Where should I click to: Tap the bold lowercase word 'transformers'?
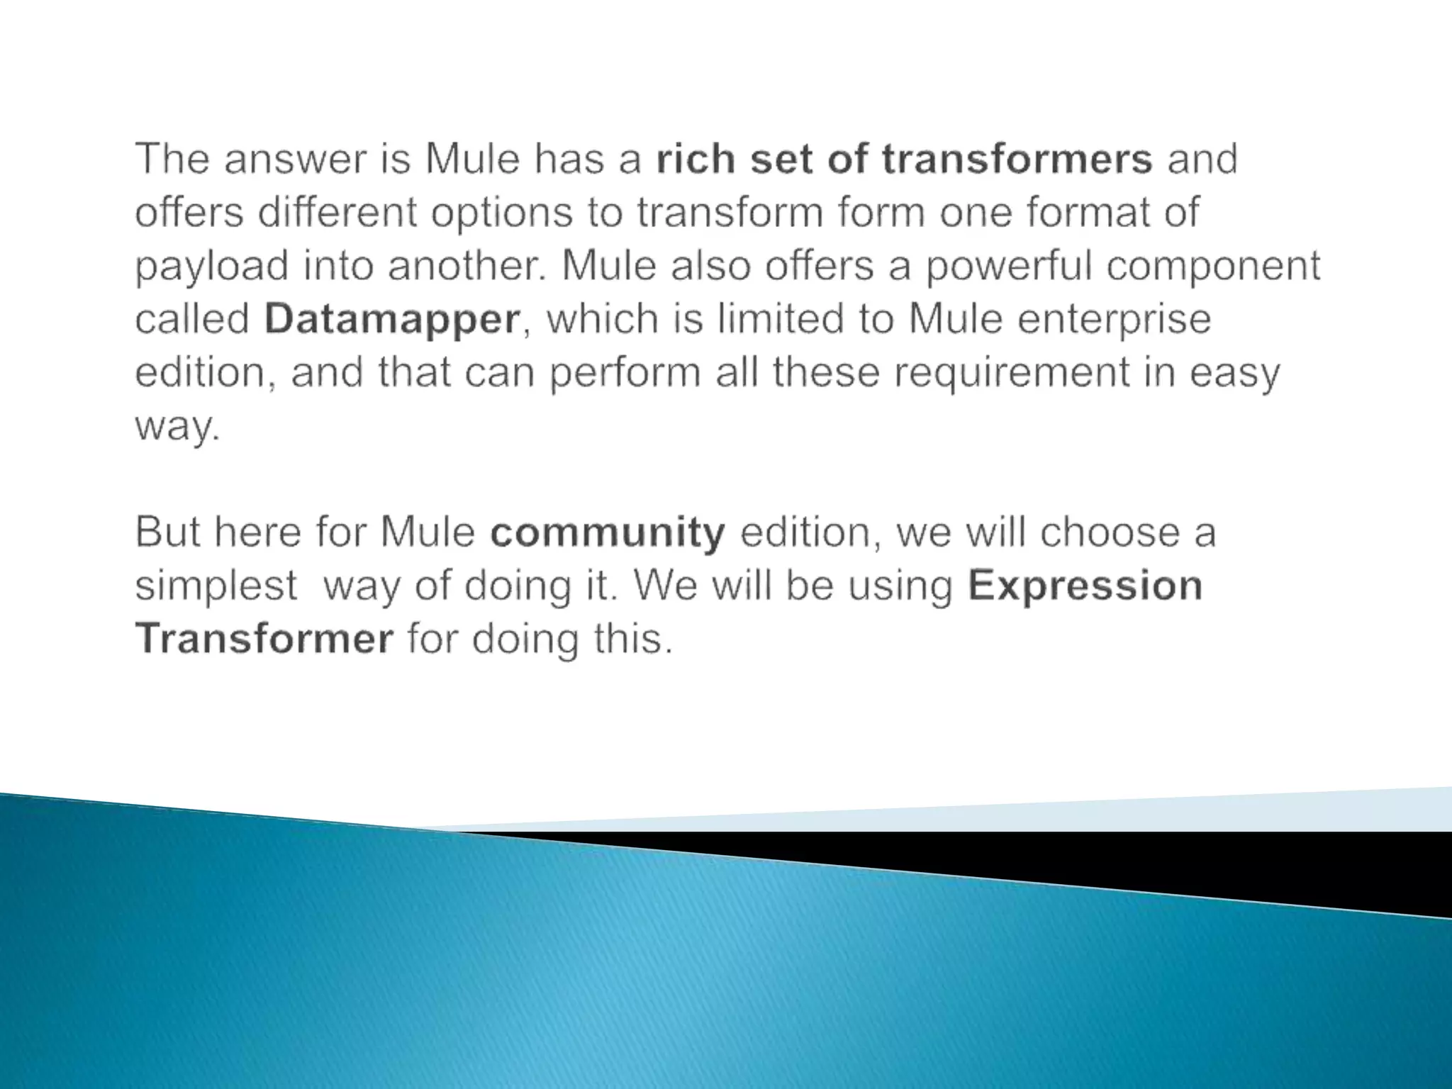point(1017,159)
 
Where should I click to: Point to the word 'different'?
point(337,212)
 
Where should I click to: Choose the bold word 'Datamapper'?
point(392,320)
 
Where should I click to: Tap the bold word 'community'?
point(608,532)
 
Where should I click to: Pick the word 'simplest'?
point(216,586)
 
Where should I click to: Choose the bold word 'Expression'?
point(1085,586)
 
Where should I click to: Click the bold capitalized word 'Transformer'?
point(264,638)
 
